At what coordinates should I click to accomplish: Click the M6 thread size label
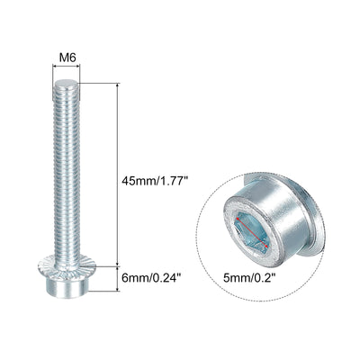tap(67, 57)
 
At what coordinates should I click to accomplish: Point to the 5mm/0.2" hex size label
tap(249, 278)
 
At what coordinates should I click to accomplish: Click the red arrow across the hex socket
tap(252, 233)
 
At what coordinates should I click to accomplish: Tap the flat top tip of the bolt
tap(67, 82)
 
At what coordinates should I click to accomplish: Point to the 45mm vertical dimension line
tap(118, 175)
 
